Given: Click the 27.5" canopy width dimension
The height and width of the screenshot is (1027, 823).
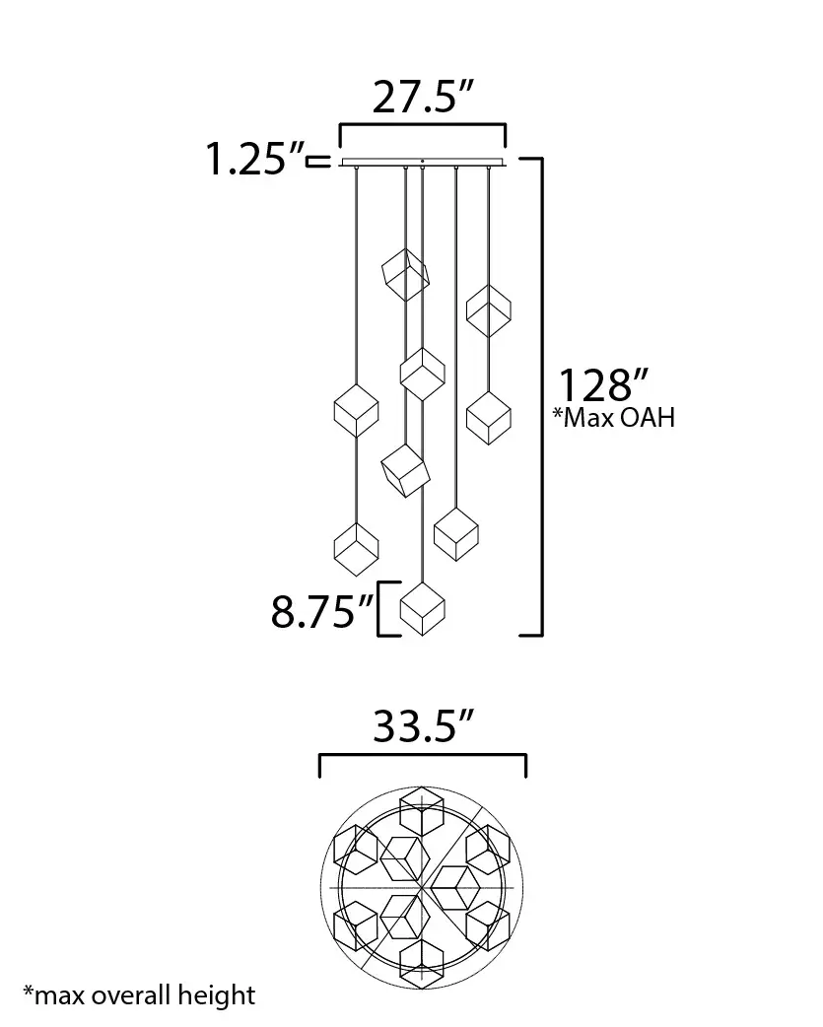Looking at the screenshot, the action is click(x=422, y=98).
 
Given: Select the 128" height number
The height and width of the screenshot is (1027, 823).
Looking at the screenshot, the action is click(x=603, y=385).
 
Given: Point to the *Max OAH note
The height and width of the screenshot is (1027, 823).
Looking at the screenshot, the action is click(x=613, y=417).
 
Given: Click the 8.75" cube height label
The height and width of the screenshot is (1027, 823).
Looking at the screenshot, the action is click(x=322, y=611).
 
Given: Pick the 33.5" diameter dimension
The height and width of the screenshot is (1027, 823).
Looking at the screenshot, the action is click(x=423, y=725).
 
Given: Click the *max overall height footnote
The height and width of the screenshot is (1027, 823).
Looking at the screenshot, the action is click(x=139, y=995).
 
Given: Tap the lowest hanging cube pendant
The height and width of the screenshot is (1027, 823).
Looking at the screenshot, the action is click(x=423, y=608).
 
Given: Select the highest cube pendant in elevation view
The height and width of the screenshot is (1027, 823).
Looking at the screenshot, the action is click(x=406, y=274).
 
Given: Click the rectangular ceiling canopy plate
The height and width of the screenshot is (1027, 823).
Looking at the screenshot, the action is click(x=423, y=163).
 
